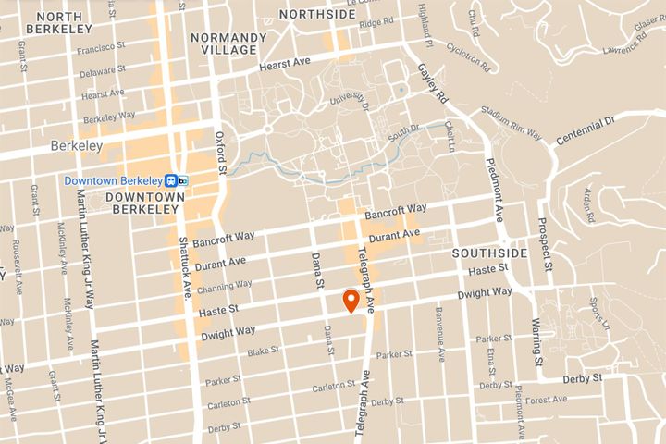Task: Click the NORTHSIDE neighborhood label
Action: [317, 14]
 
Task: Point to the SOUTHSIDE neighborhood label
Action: [489, 253]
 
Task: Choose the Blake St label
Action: [263, 351]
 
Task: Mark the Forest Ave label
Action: [548, 400]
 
